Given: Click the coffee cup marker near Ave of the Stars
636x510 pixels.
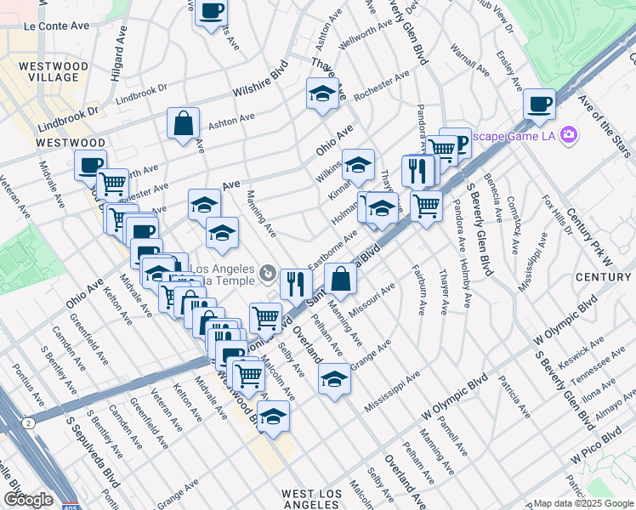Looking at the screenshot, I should [x=539, y=105].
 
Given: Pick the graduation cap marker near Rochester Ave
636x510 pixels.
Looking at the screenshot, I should [x=322, y=95].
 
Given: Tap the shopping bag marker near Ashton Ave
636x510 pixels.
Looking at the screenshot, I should [x=183, y=124].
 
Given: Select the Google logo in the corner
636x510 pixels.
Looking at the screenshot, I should [x=28, y=500].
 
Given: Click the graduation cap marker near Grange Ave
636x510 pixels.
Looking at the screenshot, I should [x=334, y=378].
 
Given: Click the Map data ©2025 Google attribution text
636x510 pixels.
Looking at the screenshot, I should [x=583, y=503].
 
